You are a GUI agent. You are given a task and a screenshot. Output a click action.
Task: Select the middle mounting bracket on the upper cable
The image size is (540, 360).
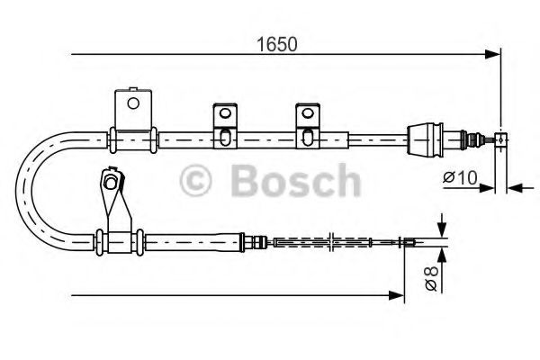[x=223, y=125]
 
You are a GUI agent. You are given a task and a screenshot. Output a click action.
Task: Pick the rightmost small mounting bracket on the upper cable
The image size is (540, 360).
[x=307, y=125]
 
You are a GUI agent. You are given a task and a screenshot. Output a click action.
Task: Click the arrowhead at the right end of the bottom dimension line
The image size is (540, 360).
[x=396, y=294]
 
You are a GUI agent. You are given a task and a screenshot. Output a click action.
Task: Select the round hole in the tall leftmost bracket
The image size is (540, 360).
[x=133, y=103]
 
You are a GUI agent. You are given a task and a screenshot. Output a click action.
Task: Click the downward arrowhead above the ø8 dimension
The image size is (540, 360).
[x=441, y=229]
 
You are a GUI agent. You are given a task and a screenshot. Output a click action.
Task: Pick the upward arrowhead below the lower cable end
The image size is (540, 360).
[x=441, y=251]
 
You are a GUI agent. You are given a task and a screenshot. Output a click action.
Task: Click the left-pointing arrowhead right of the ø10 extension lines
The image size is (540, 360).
[x=513, y=188]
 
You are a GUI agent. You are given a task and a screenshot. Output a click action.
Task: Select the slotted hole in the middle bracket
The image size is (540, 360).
[x=223, y=136]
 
